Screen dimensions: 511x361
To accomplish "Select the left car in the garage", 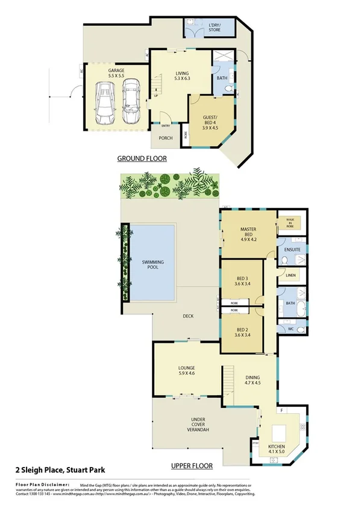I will coord(106,102).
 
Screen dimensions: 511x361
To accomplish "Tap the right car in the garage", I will coord(131,101).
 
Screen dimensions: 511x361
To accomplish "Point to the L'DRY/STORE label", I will coord(215,27).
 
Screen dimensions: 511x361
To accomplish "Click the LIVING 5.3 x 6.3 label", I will coord(182,75).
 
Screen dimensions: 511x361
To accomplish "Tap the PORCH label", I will coord(165,138).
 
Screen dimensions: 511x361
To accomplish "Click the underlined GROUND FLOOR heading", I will coord(142,158).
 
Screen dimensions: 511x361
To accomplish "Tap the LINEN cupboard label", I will coord(292,275).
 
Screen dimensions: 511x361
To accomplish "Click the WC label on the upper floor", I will coord(290,330).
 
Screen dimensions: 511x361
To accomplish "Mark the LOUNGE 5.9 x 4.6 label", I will coord(186,370).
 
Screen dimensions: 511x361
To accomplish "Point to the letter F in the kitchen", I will coord(282,411).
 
